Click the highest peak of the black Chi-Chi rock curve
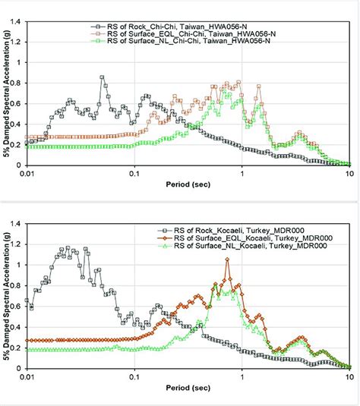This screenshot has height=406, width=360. point(103,77)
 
